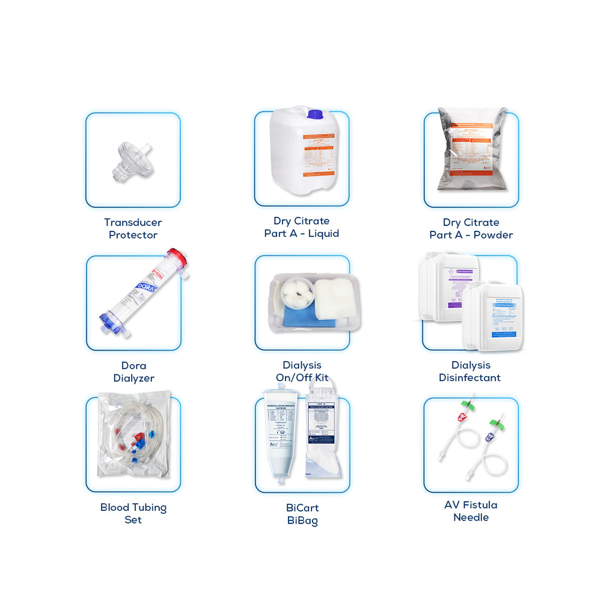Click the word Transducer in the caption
coord(133,222)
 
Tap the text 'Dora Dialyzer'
coord(133,372)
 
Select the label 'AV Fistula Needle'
coord(471,511)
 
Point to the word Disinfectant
coord(469,378)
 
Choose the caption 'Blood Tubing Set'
coord(133,513)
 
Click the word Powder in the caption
coord(493,235)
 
